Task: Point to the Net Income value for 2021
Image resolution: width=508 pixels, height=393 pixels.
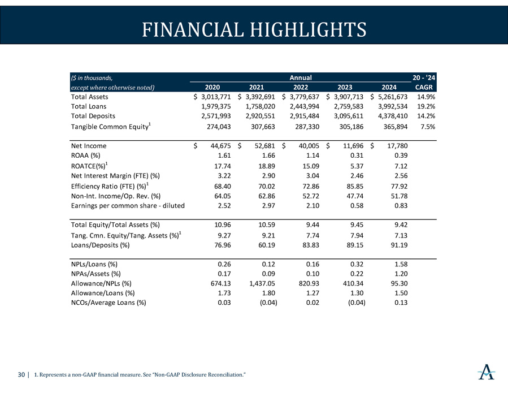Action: click(x=260, y=146)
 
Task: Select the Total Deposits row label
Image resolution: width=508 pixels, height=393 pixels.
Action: click(x=93, y=115)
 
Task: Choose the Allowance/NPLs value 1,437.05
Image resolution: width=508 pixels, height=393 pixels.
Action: click(x=260, y=283)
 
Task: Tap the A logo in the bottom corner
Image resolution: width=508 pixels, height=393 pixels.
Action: click(x=485, y=373)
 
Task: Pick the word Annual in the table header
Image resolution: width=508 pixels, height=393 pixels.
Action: click(x=301, y=77)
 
